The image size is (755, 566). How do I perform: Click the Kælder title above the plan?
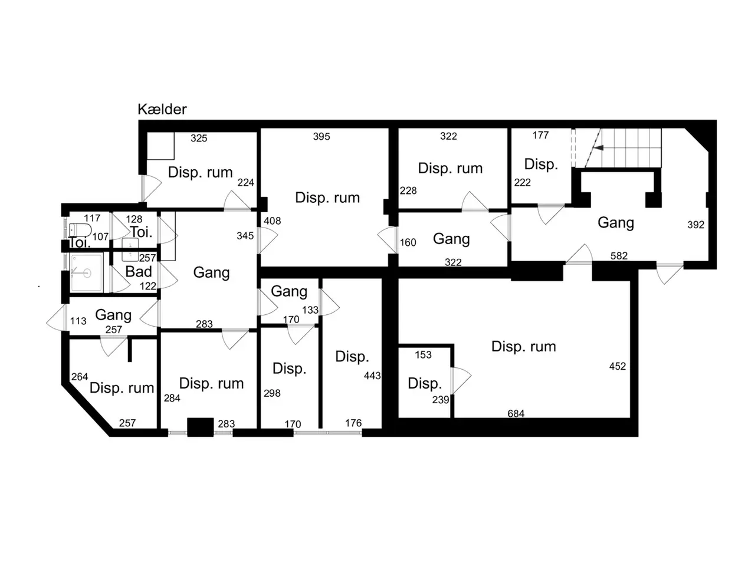(x=162, y=109)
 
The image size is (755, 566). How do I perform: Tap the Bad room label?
(x=138, y=272)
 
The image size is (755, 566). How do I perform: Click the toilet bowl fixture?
(x=80, y=230)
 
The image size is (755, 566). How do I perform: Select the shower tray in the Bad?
(x=86, y=273)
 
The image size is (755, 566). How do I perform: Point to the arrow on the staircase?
(x=598, y=148)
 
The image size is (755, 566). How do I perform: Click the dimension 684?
(x=516, y=413)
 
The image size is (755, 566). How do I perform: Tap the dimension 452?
(x=617, y=366)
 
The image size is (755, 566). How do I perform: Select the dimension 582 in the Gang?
(x=619, y=256)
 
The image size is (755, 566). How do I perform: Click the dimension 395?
(x=321, y=136)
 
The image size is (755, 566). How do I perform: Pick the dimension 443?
(x=372, y=376)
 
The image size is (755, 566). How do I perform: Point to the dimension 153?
(x=423, y=355)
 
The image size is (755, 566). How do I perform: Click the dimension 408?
(x=272, y=221)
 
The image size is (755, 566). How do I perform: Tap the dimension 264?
(x=80, y=377)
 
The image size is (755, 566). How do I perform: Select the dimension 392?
(x=696, y=225)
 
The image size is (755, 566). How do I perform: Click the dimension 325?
(x=199, y=138)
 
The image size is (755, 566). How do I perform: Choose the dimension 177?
(x=540, y=136)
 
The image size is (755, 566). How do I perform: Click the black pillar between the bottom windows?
(x=200, y=427)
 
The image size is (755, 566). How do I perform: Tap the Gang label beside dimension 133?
(x=289, y=292)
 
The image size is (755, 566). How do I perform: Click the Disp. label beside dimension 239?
(x=425, y=383)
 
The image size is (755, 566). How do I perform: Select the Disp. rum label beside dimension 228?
(x=450, y=169)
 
